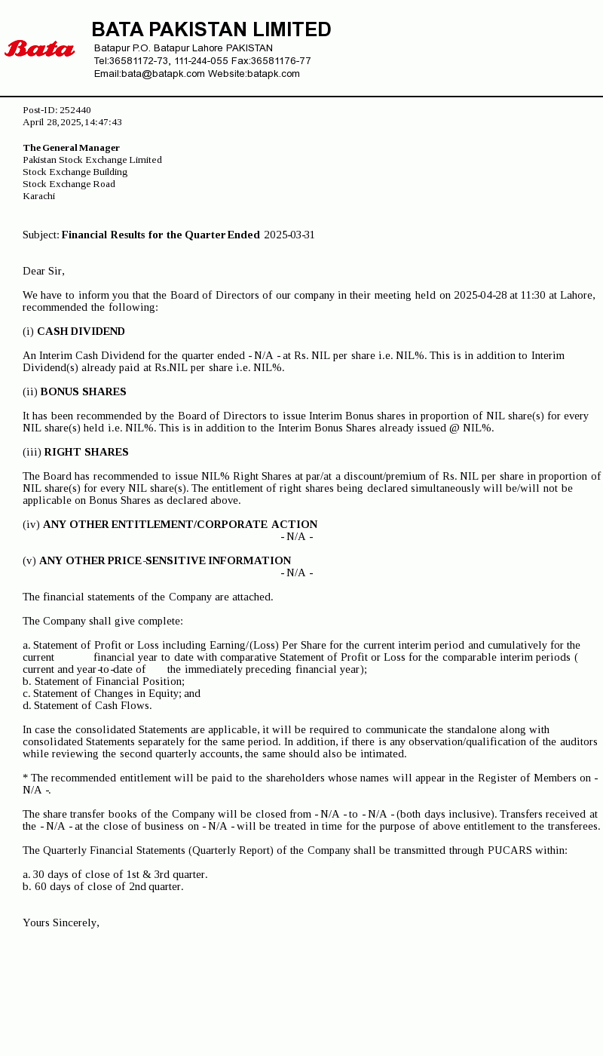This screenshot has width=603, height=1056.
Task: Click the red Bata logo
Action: pos(39,49)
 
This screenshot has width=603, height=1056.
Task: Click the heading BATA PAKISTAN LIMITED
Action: pos(211,29)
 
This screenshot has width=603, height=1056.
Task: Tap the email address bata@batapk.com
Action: pos(163,74)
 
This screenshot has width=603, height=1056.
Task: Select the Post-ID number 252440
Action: pos(75,110)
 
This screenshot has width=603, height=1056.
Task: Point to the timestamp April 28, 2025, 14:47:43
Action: pos(72,122)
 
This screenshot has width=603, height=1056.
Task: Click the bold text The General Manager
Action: pos(71,148)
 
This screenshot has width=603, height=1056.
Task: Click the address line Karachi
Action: pos(38,196)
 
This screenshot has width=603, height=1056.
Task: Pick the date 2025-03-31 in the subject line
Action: pos(289,235)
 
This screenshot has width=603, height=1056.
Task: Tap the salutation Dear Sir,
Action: pos(44,271)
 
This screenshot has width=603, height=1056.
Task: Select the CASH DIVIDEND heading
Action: pos(81,331)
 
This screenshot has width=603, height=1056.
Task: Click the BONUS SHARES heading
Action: pos(83,391)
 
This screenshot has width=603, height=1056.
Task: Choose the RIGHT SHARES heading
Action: pos(86,452)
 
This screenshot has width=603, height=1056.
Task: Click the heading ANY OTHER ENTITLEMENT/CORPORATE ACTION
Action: pos(180,524)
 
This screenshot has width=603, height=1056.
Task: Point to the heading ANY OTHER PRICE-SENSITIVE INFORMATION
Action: pos(165,560)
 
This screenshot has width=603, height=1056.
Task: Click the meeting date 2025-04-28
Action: pos(480,295)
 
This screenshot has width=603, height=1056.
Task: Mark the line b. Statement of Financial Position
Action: pos(103,681)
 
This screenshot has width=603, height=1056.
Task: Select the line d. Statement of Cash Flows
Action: pos(87,705)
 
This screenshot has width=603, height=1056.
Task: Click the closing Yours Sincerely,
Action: pos(61,922)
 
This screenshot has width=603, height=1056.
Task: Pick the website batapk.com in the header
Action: pos(274,74)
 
